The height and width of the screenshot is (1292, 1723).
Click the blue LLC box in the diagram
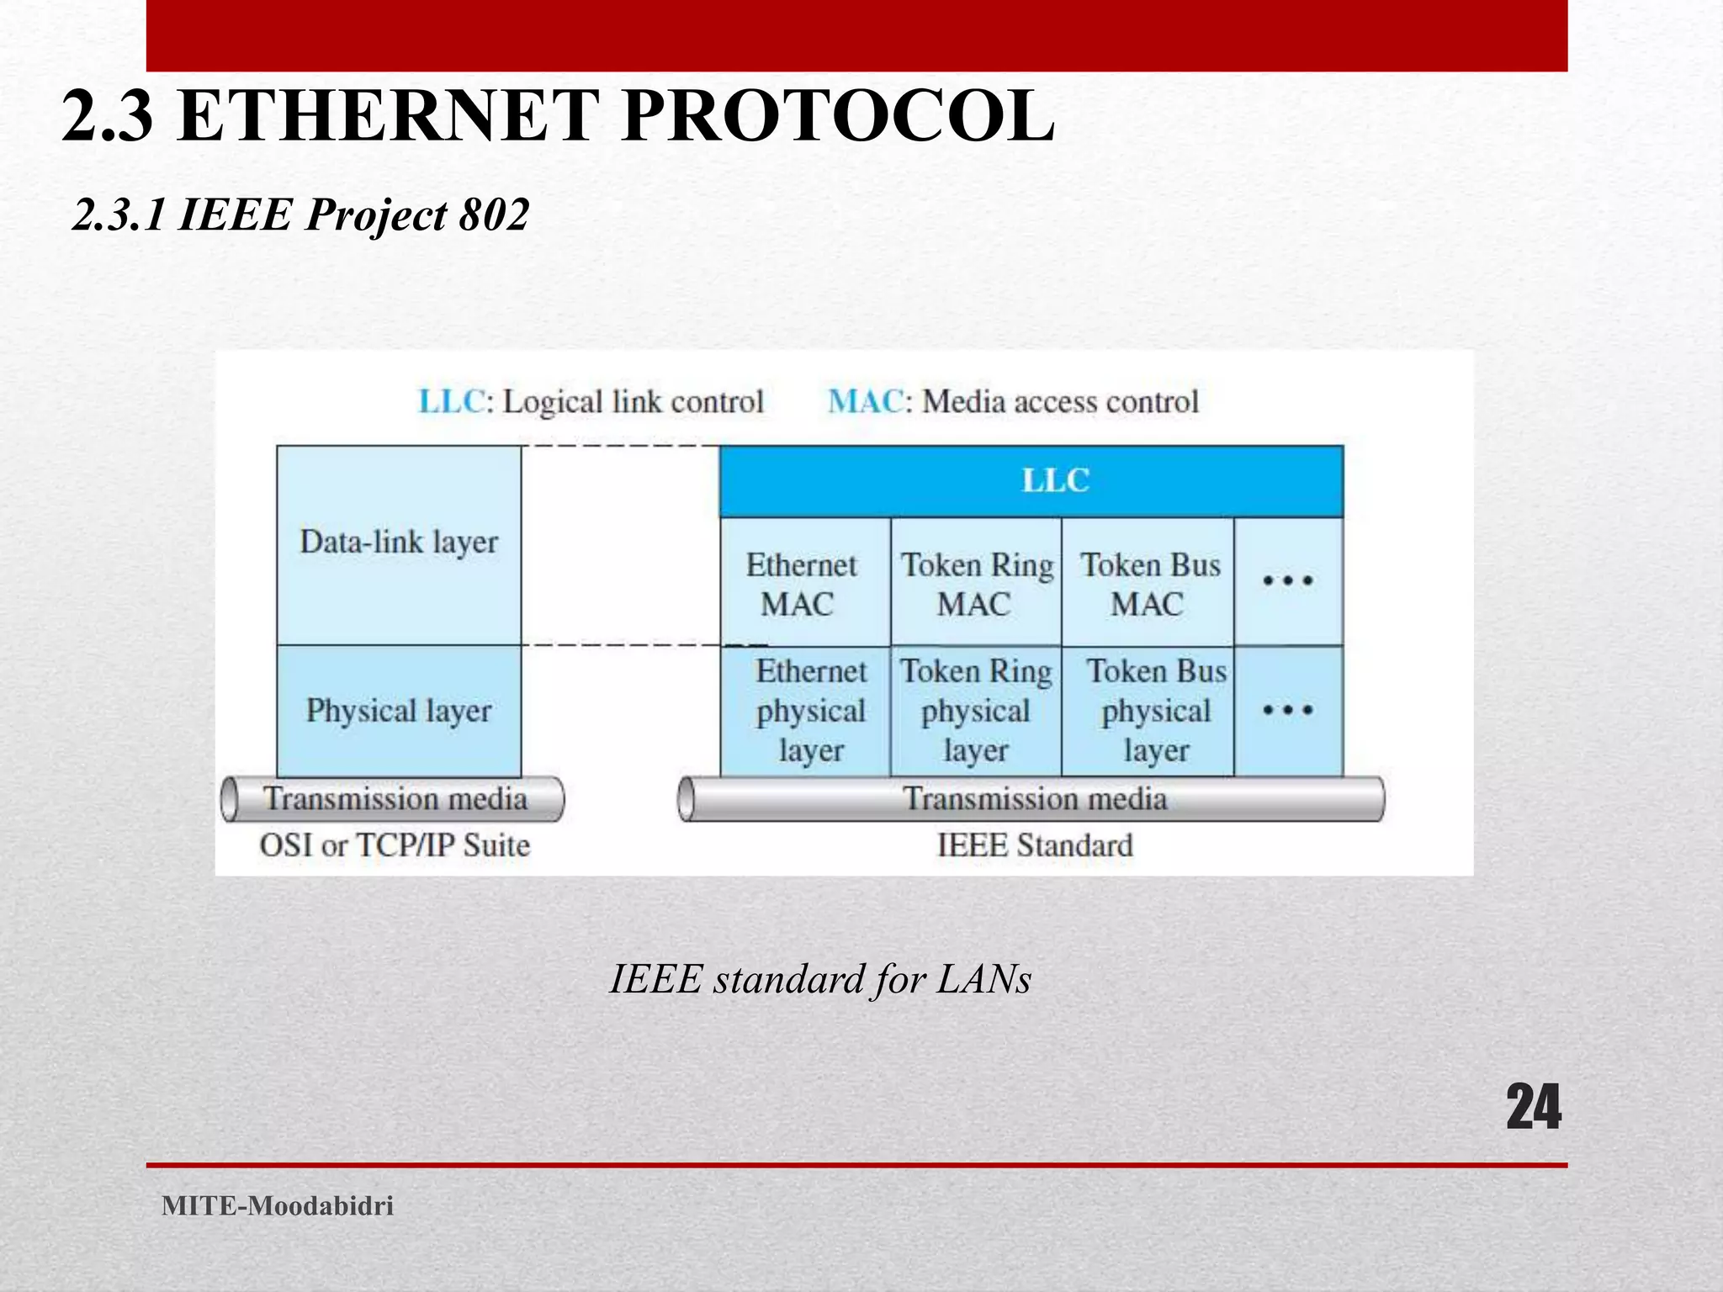[1031, 481]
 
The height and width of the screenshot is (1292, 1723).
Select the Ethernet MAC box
[804, 582]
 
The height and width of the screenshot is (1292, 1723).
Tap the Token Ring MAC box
[976, 582]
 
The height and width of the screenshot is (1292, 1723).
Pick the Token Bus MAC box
[1148, 582]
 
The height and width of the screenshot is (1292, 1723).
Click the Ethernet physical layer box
[808, 711]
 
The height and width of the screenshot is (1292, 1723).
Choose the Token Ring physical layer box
[976, 711]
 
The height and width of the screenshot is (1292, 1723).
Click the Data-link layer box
[399, 543]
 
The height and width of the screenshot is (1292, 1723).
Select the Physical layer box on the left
[399, 711]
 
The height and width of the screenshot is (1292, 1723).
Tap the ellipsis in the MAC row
[1288, 580]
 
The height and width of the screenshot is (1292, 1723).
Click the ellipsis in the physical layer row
[1288, 711]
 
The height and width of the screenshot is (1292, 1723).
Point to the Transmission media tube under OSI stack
[394, 798]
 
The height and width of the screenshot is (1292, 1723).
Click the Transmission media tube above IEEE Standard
[1033, 798]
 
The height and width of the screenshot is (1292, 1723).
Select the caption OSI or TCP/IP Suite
[395, 845]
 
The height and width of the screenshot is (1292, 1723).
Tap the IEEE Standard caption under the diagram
[1035, 845]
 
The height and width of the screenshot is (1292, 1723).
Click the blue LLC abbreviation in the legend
[452, 402]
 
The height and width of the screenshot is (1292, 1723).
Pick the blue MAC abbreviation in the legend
[865, 402]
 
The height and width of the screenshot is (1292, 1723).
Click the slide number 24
[1533, 1107]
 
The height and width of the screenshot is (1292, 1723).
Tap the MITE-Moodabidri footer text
[278, 1205]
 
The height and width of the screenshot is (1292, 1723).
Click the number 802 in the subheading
[494, 214]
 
